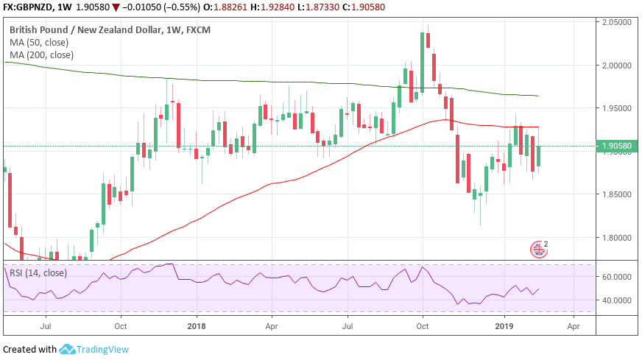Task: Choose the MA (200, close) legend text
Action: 41,54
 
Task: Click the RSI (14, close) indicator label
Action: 38,272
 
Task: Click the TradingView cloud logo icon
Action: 68,349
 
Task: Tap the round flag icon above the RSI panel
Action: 540,250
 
